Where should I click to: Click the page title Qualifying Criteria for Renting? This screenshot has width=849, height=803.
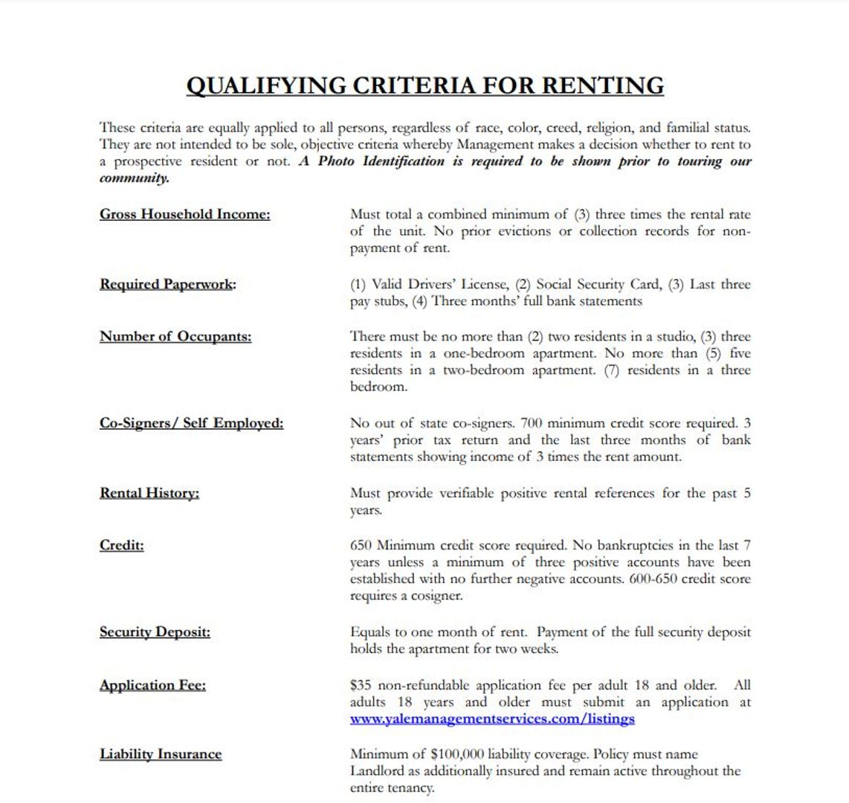point(424,86)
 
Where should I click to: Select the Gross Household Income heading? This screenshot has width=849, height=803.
point(185,215)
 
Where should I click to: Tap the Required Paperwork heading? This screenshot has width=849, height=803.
point(168,284)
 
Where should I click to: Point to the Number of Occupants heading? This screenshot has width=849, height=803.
point(175,336)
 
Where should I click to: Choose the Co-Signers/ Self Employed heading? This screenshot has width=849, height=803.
point(191,423)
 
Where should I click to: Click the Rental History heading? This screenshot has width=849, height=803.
point(149,493)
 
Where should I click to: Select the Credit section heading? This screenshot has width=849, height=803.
point(122,545)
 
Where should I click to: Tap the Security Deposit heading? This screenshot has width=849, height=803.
point(155,632)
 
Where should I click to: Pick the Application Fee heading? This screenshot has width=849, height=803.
point(152,685)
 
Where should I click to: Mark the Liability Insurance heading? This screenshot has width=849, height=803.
point(161,754)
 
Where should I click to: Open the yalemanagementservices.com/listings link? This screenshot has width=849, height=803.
point(492,719)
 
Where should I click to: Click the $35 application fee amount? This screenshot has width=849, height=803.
point(361,685)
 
